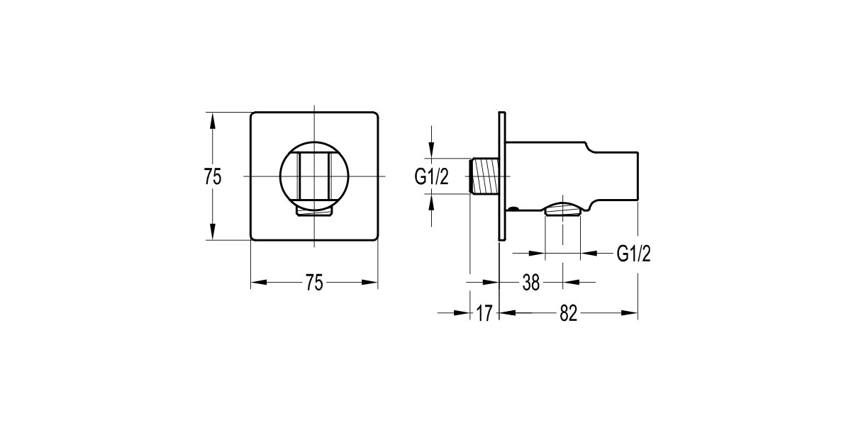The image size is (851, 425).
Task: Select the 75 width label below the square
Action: tap(314, 283)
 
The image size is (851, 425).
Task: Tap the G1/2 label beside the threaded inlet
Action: tap(432, 177)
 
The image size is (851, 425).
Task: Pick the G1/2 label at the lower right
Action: tap(633, 254)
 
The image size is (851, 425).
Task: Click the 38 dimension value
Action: tap(531, 283)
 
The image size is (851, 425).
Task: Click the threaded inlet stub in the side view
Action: tap(485, 175)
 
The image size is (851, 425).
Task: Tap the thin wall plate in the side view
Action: tap(502, 175)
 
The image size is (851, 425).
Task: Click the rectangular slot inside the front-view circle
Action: tap(314, 175)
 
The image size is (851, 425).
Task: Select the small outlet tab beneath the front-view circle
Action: tap(314, 210)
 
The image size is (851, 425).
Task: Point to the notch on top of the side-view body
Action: tap(590, 149)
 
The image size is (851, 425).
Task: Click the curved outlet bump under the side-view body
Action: tap(563, 207)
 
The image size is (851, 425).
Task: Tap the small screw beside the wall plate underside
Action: tap(513, 208)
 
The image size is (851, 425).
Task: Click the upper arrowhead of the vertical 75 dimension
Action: tap(211, 119)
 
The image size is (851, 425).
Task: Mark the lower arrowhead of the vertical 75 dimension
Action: tap(211, 233)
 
